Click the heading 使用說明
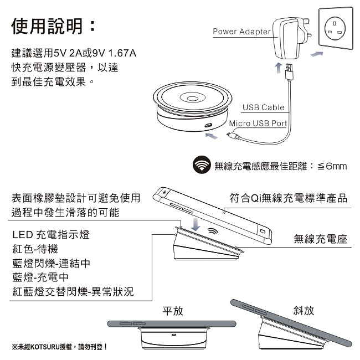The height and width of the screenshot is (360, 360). pos(47,27)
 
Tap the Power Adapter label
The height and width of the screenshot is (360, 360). pos(242,32)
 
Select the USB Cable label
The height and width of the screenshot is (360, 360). pos(263,107)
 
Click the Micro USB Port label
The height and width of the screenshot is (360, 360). pos(258,124)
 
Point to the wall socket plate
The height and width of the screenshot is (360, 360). pos(336,28)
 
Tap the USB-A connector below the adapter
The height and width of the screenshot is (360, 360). pos(289,72)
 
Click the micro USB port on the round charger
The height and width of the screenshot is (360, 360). pos(208,125)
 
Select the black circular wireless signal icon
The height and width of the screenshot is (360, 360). pos(202,164)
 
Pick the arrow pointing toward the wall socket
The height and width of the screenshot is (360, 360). pos(317,54)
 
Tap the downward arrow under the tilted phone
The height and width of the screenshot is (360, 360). pos(196,224)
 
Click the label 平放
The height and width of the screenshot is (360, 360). pos(173,311)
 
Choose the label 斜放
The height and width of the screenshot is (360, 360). pos(304,310)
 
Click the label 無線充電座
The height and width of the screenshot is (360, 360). pos(321,239)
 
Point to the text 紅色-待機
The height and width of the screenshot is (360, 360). pos(35,249)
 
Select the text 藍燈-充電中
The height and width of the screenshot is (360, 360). pos(40,277)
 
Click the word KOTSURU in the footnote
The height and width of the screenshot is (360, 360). pos(45,347)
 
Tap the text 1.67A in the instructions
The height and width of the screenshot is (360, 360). pos(122,53)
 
